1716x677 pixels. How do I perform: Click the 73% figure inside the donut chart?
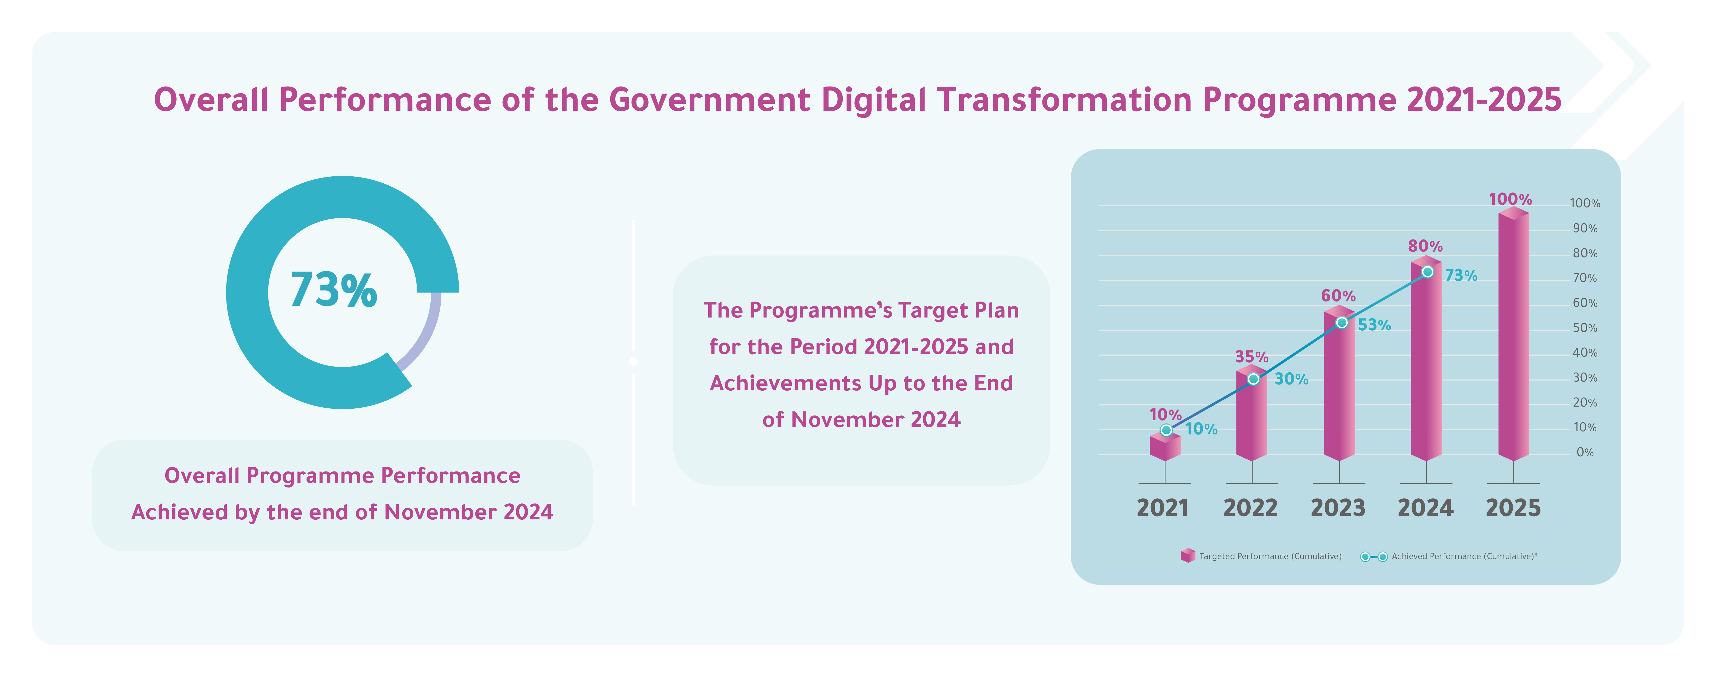pos(333,290)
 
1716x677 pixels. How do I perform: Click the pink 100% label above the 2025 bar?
pos(1510,199)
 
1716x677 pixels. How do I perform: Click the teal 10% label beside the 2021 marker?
pos(1201,429)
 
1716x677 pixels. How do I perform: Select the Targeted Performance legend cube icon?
pos(1188,556)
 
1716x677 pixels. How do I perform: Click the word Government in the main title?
pos(709,100)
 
